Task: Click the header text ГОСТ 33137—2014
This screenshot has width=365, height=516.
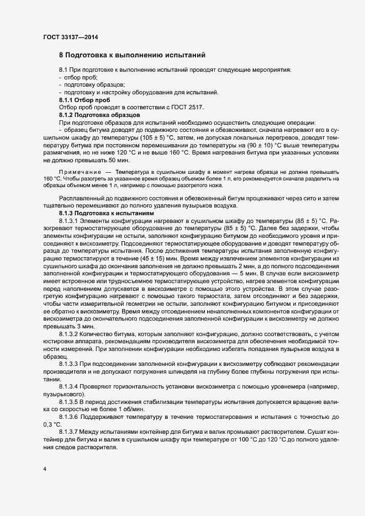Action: pyautogui.click(x=71, y=37)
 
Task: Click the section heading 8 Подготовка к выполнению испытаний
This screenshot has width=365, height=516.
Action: pyautogui.click(x=133, y=55)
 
